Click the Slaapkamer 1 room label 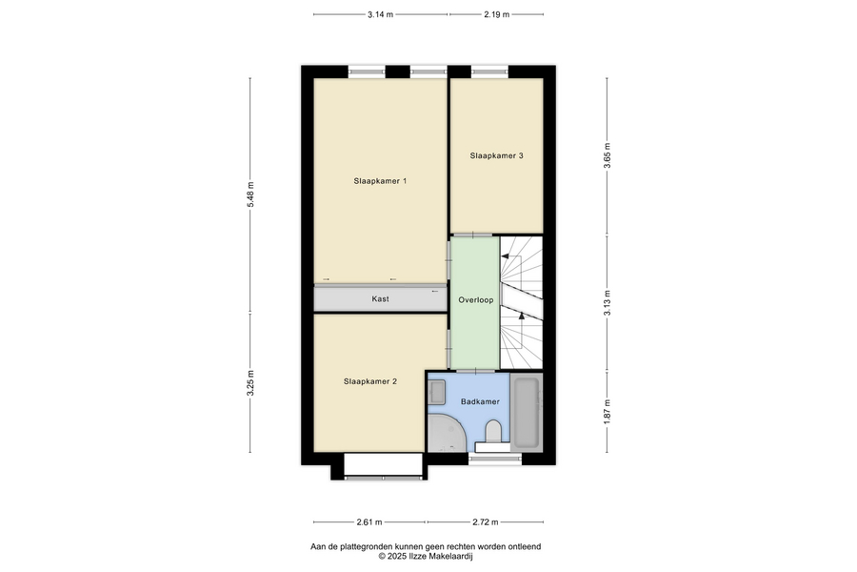(x=380, y=181)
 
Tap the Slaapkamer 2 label (x=370, y=381)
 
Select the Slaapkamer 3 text (x=496, y=156)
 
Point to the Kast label (x=380, y=298)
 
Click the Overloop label (x=475, y=300)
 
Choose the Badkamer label (x=480, y=401)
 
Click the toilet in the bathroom (x=493, y=431)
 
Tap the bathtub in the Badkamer (x=527, y=412)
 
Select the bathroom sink (x=436, y=392)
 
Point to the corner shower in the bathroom (x=443, y=434)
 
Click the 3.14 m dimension (x=380, y=15)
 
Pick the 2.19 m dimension (x=496, y=15)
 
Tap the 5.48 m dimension (x=250, y=194)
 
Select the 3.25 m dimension (x=250, y=383)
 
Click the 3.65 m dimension (x=608, y=156)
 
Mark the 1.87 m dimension (x=608, y=411)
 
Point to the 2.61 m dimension (x=369, y=522)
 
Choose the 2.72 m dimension (x=486, y=522)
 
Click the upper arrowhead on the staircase (x=506, y=255)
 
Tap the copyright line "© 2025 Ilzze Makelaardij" (x=426, y=557)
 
